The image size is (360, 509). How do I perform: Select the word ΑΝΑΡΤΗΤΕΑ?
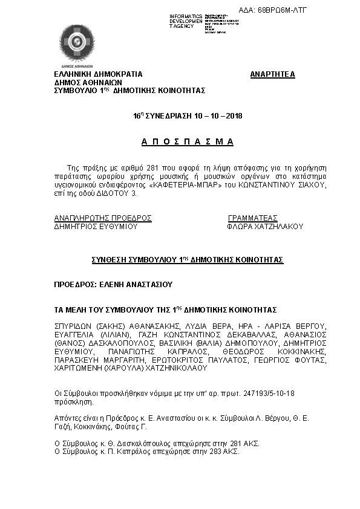273,74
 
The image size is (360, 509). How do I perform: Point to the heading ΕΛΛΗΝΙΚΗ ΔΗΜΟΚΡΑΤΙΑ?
98,74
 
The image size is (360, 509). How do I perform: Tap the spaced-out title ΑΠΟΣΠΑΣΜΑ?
187,141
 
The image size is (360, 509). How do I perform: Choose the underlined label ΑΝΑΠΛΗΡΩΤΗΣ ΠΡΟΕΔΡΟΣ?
103,218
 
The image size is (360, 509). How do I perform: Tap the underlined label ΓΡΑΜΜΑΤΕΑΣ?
252,218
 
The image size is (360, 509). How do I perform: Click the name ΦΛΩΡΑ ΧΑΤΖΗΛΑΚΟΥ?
264,227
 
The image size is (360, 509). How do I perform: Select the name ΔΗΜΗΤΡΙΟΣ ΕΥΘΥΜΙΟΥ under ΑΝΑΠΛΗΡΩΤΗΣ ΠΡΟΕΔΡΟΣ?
96,227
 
